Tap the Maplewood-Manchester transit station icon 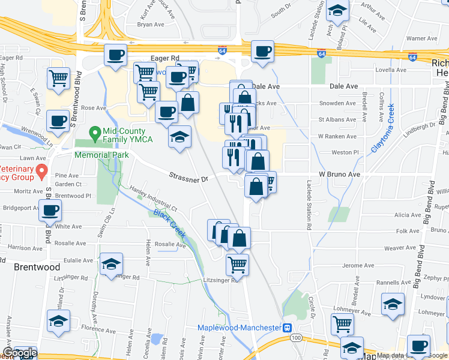(288, 328)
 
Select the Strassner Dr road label (188, 178)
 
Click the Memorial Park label (102, 154)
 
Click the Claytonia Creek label (382, 127)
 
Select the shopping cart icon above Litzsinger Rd (238, 263)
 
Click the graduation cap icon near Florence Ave (58, 321)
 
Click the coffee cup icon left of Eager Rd (115, 55)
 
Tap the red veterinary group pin (41, 172)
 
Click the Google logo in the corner (19, 353)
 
